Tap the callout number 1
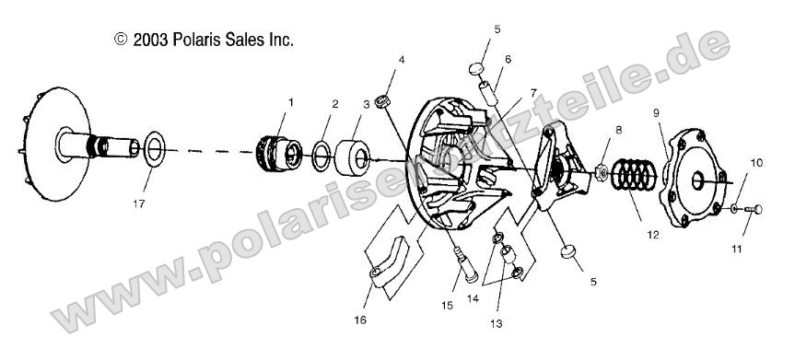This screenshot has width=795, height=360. point(292,103)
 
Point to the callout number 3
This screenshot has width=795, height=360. point(367,104)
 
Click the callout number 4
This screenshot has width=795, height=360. point(401,61)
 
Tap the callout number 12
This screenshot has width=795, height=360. point(652,235)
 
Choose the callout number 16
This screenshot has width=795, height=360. point(360,319)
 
